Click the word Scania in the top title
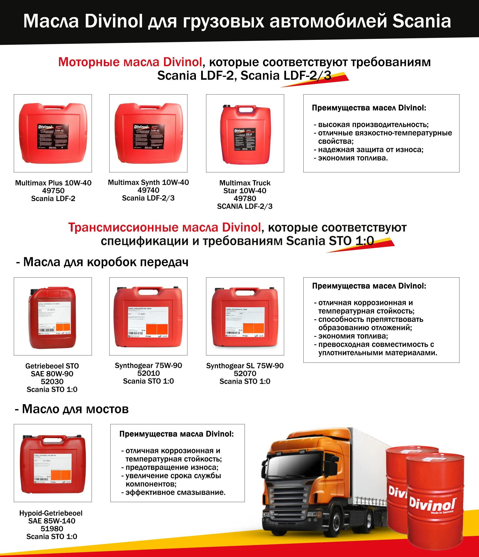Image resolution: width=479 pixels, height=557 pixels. pyautogui.click(x=421, y=21)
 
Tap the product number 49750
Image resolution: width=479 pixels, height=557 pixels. pyautogui.click(x=53, y=191)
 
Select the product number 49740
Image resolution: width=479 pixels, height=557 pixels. pyautogui.click(x=148, y=190)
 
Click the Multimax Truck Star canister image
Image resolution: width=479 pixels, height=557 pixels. pyautogui.click(x=245, y=134)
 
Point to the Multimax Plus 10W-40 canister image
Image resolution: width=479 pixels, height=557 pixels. pyautogui.click(x=53, y=133)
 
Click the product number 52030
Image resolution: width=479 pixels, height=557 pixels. pyautogui.click(x=52, y=381)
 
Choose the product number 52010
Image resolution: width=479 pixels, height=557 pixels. pyautogui.click(x=148, y=373)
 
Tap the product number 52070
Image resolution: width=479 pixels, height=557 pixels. pyautogui.click(x=245, y=373)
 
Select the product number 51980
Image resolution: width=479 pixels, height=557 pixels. pyautogui.click(x=52, y=529)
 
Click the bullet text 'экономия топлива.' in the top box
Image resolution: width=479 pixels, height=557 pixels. pyautogui.click(x=353, y=158)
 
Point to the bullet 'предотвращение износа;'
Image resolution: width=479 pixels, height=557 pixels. pyautogui.click(x=172, y=467)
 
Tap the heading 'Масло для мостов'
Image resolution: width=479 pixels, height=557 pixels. pyautogui.click(x=75, y=409)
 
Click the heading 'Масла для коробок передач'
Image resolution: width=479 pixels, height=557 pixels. pyautogui.click(x=106, y=262)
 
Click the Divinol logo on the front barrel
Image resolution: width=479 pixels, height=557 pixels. pyautogui.click(x=432, y=506)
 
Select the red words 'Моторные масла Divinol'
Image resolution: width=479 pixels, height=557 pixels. pyautogui.click(x=130, y=62)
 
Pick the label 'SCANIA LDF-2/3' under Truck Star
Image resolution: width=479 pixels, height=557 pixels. pyautogui.click(x=245, y=206)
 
